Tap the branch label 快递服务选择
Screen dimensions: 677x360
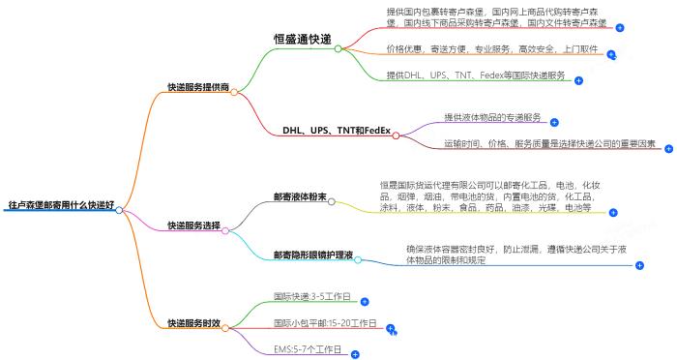[193, 225]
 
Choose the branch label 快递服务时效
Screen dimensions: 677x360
[193, 322]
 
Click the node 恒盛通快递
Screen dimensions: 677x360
[303, 40]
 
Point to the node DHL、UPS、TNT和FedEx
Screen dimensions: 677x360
[336, 130]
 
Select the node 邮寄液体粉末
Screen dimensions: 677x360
[300, 198]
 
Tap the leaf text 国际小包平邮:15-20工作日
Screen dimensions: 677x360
[325, 322]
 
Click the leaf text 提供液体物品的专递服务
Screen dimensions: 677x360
[493, 117]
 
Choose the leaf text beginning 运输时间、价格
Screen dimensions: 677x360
[547, 143]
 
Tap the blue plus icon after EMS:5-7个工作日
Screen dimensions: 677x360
[355, 355]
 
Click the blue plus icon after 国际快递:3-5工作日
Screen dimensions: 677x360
[365, 303]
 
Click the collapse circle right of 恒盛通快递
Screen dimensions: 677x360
[339, 48]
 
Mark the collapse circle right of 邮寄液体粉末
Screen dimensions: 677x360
[333, 203]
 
